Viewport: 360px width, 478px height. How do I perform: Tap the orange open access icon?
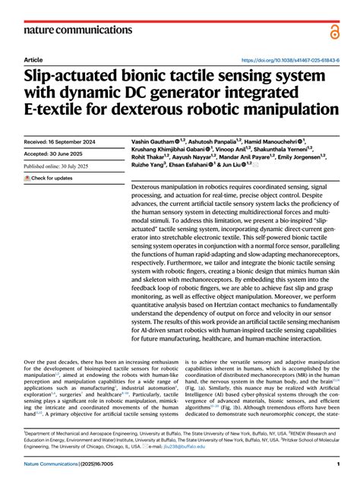335,30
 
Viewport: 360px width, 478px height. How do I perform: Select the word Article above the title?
33,59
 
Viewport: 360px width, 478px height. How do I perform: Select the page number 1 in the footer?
337,464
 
